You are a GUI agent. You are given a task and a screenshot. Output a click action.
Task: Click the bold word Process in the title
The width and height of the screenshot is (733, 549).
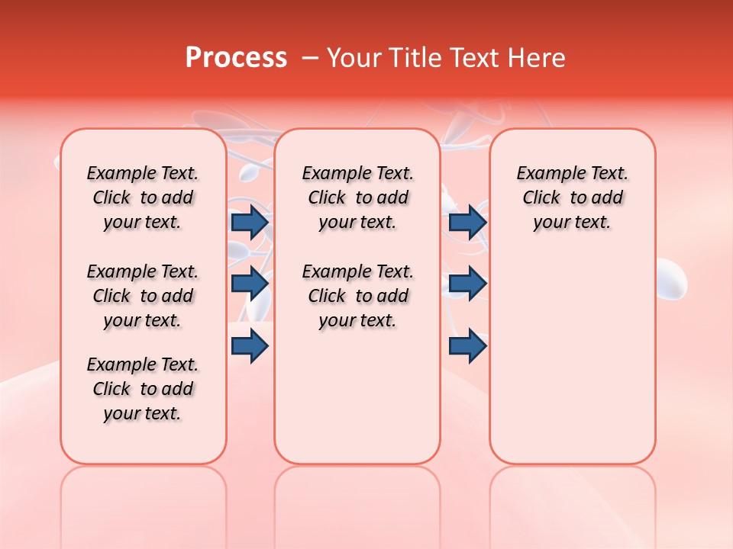pos(236,58)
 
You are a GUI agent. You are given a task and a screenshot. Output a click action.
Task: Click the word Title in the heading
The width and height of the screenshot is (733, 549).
pos(414,58)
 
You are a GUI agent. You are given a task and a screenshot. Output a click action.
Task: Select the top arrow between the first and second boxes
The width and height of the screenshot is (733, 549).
pos(250,222)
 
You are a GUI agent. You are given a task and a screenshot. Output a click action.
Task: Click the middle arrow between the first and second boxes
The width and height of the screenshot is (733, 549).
pos(250,284)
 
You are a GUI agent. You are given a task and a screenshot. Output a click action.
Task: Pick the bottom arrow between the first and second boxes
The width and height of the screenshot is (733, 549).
pos(250,345)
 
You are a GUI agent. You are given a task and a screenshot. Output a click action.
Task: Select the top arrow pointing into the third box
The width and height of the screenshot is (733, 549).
pos(467,222)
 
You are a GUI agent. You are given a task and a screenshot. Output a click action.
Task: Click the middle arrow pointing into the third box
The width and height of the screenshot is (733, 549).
pos(467,284)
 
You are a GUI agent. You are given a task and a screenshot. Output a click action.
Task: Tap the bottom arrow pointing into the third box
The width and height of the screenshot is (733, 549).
pos(467,345)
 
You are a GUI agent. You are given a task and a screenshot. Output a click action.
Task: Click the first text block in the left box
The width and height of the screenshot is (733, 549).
pos(143,197)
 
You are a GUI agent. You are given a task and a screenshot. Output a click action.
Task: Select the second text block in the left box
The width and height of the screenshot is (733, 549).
pos(143,296)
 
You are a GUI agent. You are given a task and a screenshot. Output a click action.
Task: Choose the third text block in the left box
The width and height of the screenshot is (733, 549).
pos(143,389)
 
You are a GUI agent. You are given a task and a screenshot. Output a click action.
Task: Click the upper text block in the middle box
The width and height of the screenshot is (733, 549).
pos(357,197)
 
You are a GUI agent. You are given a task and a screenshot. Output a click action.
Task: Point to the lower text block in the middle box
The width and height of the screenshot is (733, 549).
pos(357,296)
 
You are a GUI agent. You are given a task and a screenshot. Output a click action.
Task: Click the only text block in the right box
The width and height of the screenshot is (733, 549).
pos(572,197)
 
